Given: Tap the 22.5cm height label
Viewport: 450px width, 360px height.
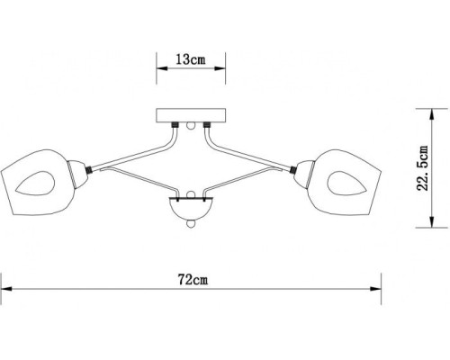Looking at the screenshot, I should click(x=435, y=170).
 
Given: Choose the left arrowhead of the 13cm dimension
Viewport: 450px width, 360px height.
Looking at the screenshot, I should click(x=159, y=67).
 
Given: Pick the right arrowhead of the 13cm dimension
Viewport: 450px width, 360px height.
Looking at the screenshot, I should click(x=220, y=67).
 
